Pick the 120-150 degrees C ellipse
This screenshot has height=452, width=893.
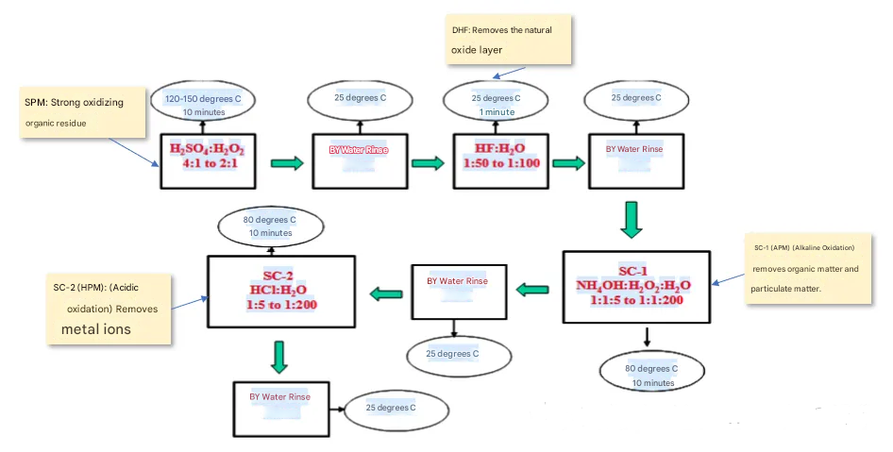205,105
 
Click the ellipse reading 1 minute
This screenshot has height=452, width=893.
496,105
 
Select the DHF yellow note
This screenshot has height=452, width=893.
509,39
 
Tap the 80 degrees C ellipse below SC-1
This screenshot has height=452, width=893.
652,376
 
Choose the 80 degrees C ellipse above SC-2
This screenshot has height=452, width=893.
269,226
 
